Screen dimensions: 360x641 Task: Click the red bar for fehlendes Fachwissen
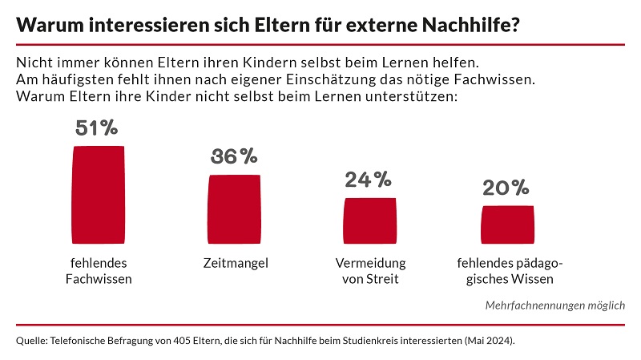pos(99,193)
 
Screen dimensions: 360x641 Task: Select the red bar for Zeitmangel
pos(234,208)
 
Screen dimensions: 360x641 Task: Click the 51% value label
pos(97,129)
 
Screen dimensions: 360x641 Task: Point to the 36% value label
pos(234,157)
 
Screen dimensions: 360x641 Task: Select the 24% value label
pos(369,180)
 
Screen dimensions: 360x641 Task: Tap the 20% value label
pos(506,188)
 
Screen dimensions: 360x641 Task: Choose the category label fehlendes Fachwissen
pos(99,271)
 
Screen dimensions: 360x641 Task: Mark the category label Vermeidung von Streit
pos(370,271)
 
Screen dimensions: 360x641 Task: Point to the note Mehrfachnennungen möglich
pos(554,305)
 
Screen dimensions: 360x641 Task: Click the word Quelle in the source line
pos(30,341)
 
